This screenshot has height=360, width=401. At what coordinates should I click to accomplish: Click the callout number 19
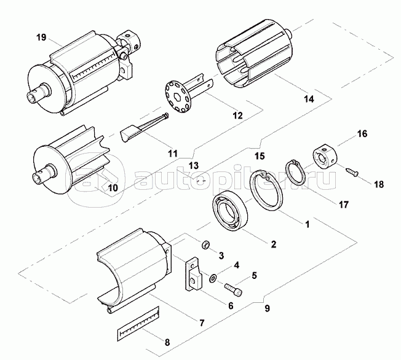pyautogui.click(x=41, y=38)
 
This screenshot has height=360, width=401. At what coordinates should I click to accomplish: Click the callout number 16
pyautogui.click(x=362, y=133)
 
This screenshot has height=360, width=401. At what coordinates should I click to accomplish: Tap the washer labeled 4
pyautogui.click(x=213, y=278)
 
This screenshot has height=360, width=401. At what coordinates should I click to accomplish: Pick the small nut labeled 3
pyautogui.click(x=207, y=245)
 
